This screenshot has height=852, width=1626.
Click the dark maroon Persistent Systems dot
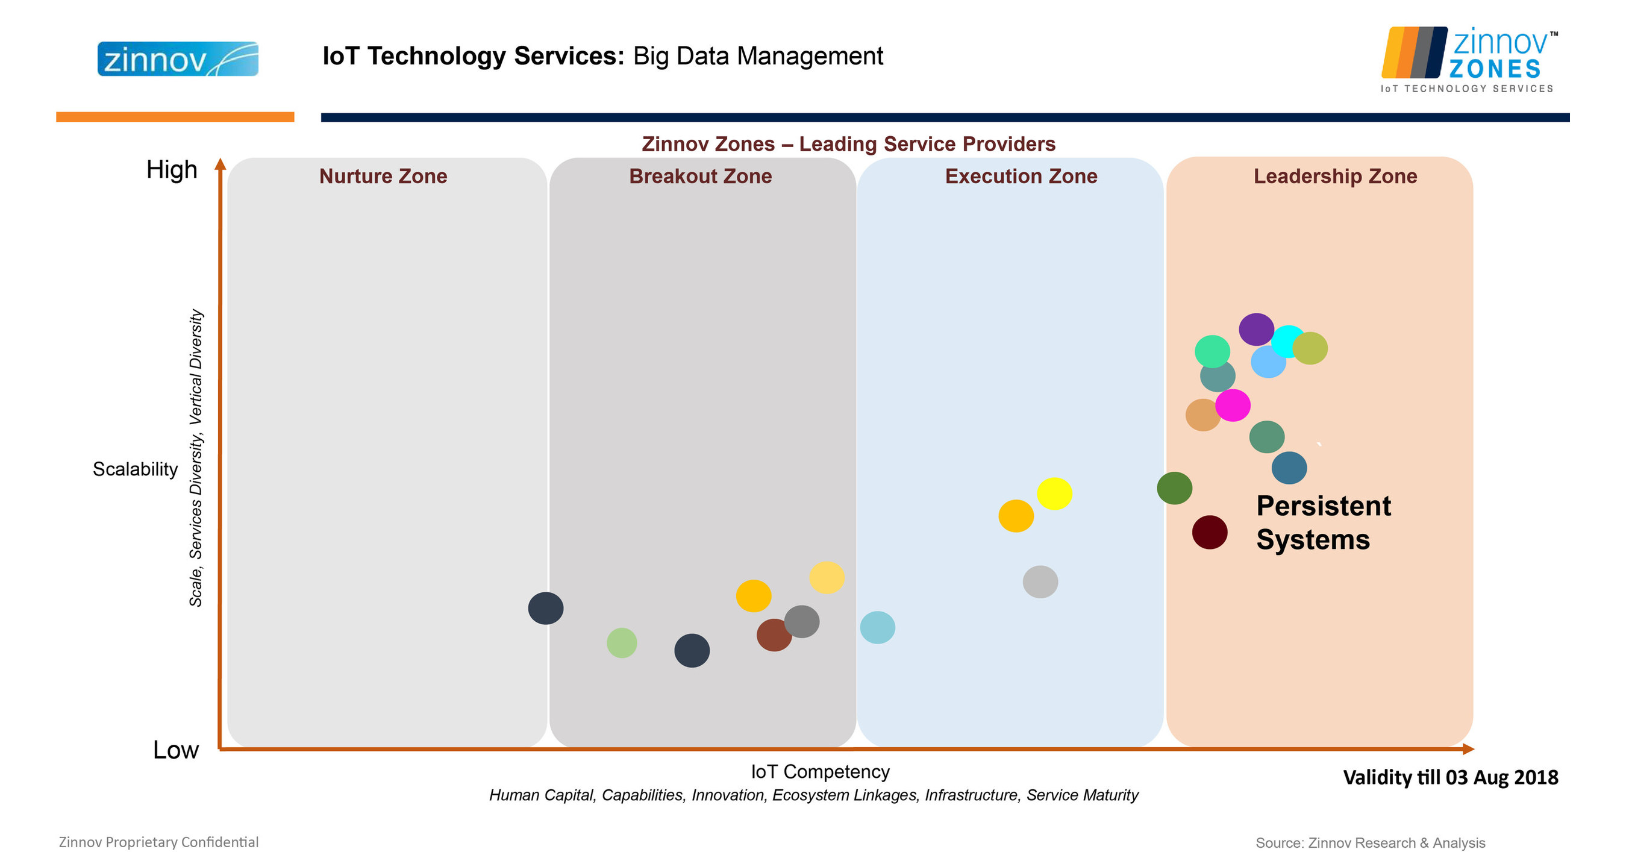(x=1209, y=532)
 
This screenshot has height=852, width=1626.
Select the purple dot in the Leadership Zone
(x=1256, y=329)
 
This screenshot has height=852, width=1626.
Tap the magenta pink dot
(x=1233, y=405)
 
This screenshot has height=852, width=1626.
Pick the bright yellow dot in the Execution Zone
(x=1054, y=493)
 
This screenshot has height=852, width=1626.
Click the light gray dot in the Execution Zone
(x=1040, y=581)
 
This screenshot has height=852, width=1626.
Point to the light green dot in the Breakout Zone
(x=622, y=642)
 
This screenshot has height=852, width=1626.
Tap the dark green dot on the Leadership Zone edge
(x=1174, y=488)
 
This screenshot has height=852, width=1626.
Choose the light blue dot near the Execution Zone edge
(x=877, y=627)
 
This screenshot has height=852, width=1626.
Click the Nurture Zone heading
(x=383, y=176)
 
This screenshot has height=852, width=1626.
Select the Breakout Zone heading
(x=700, y=176)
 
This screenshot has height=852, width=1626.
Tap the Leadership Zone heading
(x=1335, y=176)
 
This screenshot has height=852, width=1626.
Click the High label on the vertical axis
(x=172, y=170)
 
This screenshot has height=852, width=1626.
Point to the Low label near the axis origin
(x=175, y=750)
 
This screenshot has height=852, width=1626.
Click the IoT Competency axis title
(x=820, y=771)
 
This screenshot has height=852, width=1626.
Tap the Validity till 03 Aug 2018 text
(x=1450, y=777)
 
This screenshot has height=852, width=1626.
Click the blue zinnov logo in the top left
(x=177, y=59)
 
